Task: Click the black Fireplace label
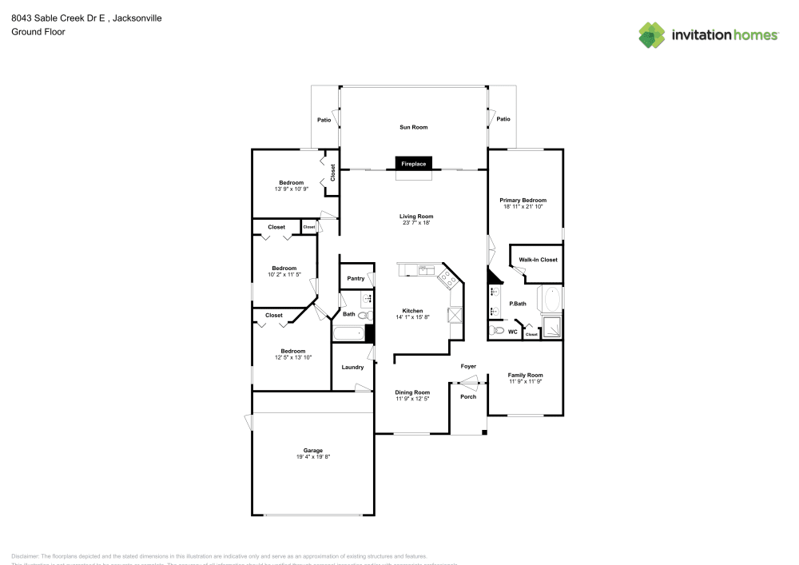tap(413, 164)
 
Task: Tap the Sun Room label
tap(413, 127)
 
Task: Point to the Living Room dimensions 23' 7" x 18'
tap(416, 223)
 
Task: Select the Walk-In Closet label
tap(538, 260)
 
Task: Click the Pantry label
tap(355, 278)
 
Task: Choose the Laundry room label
tap(352, 368)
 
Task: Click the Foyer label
tap(468, 367)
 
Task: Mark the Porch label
tap(468, 396)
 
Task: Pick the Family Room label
tap(525, 375)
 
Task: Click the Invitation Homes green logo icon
tap(652, 34)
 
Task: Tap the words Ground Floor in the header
tap(38, 32)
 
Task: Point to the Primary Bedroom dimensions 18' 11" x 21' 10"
tap(523, 206)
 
